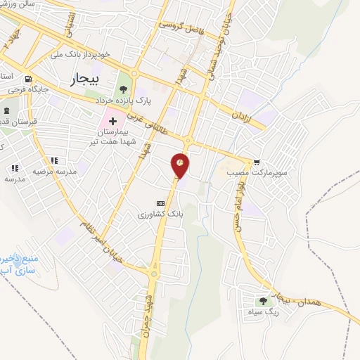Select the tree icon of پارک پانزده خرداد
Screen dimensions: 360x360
(x=124, y=89)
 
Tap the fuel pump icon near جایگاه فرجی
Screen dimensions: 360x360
(x=27, y=79)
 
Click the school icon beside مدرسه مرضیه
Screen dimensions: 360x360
(x=15, y=169)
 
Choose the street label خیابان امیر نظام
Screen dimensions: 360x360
(x=108, y=250)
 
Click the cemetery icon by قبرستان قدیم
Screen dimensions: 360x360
(x=6, y=111)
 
